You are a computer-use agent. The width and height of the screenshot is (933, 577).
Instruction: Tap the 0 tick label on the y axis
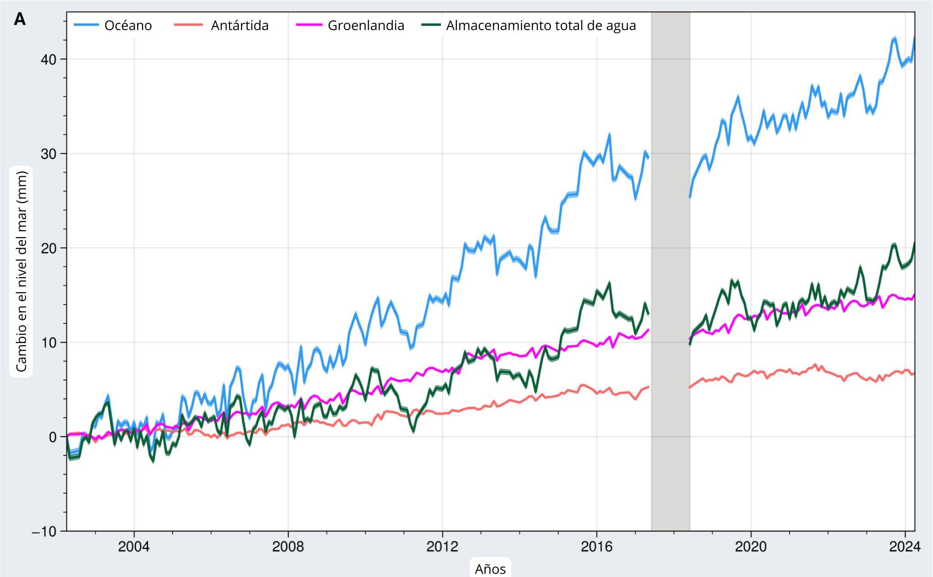[x=52, y=437]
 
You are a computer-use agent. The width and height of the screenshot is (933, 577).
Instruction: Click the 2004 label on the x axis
[x=133, y=546]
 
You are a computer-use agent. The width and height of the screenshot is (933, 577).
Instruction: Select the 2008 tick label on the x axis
[x=288, y=546]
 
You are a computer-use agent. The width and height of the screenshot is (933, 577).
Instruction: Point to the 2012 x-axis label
[x=442, y=546]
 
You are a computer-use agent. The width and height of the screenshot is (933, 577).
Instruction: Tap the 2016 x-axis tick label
[x=596, y=546]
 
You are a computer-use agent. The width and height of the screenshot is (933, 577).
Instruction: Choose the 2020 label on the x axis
[x=750, y=546]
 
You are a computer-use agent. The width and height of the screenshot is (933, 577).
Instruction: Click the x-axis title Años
[x=490, y=569]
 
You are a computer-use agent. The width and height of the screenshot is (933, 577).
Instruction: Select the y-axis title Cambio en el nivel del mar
[x=21, y=271]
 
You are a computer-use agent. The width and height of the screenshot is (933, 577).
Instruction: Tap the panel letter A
[x=20, y=20]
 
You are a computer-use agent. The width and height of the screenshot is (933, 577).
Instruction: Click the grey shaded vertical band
[x=670, y=273]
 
